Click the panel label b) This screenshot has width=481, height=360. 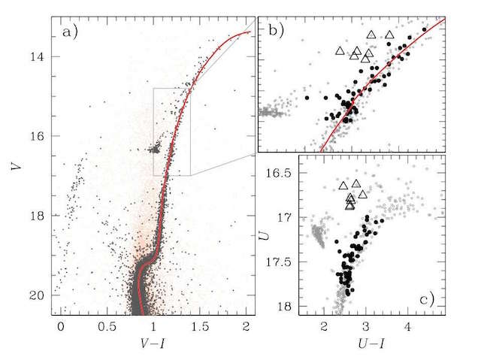pos(271,32)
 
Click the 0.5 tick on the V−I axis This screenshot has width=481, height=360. pos(107,328)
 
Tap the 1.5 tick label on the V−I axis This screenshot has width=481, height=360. pos(200,328)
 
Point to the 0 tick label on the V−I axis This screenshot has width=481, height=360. pos(60,328)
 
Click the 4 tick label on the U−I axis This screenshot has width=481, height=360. pos(407,328)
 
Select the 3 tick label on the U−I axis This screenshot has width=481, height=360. pos(366,328)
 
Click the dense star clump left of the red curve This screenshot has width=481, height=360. pos(155,150)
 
